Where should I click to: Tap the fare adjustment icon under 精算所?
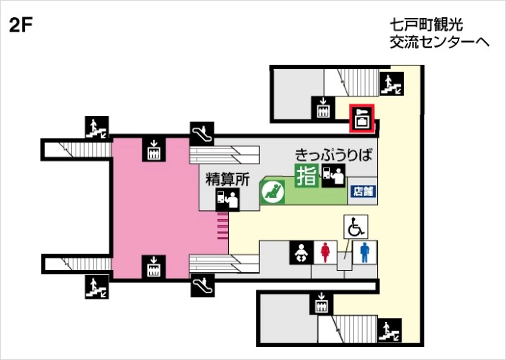click(227, 199)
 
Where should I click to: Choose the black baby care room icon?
click(300, 253)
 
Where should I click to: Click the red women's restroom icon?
click(327, 253)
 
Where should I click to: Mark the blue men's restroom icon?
click(366, 253)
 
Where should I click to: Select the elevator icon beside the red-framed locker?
click(324, 109)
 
